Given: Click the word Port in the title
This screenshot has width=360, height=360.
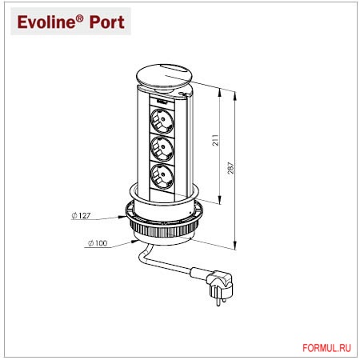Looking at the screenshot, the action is coord(107,22).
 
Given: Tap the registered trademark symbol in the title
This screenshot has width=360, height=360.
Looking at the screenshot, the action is coord(80,18).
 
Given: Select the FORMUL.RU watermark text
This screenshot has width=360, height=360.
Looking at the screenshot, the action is coord(326,348).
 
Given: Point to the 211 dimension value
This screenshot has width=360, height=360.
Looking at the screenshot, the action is coord(215,140).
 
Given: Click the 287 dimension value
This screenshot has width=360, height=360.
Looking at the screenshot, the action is coord(231,168).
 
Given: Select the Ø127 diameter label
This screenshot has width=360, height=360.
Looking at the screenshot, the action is coord(81,215).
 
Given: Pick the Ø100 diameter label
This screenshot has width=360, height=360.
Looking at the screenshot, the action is coord(98,243).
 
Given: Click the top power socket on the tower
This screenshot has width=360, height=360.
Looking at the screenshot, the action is coord(162,121).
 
